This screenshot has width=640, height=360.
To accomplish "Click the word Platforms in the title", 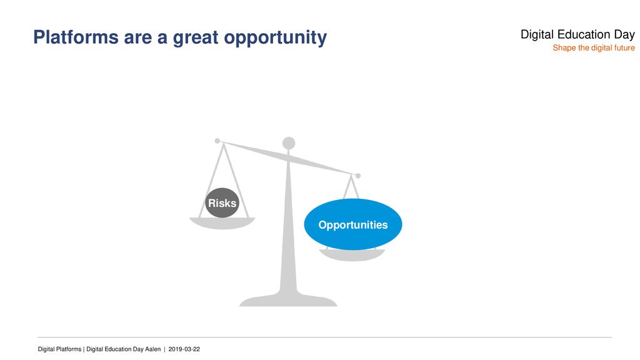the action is (76, 37).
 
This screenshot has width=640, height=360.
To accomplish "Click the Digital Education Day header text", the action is (577, 35).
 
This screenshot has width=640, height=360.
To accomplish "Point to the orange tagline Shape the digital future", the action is (594, 47).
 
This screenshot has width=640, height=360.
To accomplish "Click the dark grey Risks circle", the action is (222, 203).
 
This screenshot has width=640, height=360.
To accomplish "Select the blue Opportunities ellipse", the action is (353, 224).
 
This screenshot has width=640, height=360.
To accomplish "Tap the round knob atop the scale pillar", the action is (289, 143).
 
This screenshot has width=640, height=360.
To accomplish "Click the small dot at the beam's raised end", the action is (217, 141).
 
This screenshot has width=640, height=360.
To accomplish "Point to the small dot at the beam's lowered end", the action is (358, 176).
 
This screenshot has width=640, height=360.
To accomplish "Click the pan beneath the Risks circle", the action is (222, 223).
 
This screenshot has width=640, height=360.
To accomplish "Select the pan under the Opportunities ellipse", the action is (352, 255).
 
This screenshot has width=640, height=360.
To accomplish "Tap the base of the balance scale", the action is (288, 301).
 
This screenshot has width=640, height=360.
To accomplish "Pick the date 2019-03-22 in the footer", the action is (184, 349).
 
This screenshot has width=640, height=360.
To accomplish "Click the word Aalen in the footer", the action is (153, 349).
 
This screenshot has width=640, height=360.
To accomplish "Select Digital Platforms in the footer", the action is (59, 349).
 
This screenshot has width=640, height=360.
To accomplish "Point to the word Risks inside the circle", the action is (222, 203).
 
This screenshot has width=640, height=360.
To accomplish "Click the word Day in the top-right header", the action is (624, 35).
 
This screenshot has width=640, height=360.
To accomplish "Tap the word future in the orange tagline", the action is (624, 47).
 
